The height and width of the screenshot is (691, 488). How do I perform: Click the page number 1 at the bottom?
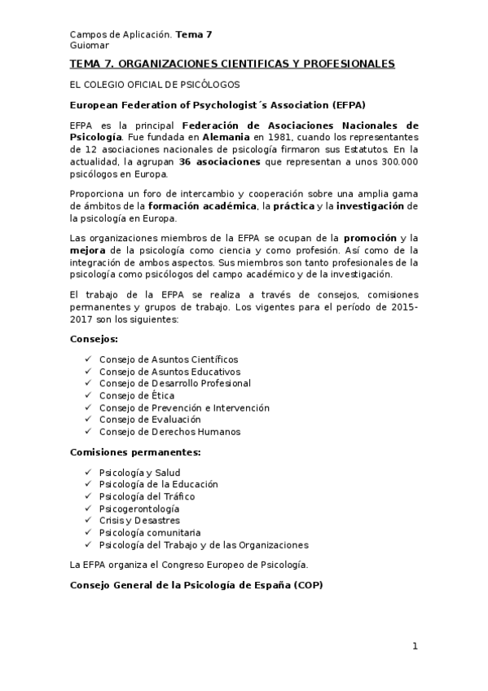[x=415, y=646]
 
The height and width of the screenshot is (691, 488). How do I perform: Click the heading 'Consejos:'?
[x=95, y=338]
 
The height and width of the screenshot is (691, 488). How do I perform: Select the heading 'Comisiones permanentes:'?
[x=135, y=451]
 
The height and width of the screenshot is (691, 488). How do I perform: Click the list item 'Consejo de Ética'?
[x=136, y=395]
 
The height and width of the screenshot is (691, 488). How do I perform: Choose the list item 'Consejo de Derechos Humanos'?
[x=169, y=432]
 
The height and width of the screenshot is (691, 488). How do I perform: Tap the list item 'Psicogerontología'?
[x=139, y=508]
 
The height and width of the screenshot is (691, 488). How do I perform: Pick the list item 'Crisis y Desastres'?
[x=139, y=521]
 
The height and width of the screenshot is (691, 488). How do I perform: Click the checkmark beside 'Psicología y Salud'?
[x=87, y=472]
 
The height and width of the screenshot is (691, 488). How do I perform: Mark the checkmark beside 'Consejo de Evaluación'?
[x=87, y=420]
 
